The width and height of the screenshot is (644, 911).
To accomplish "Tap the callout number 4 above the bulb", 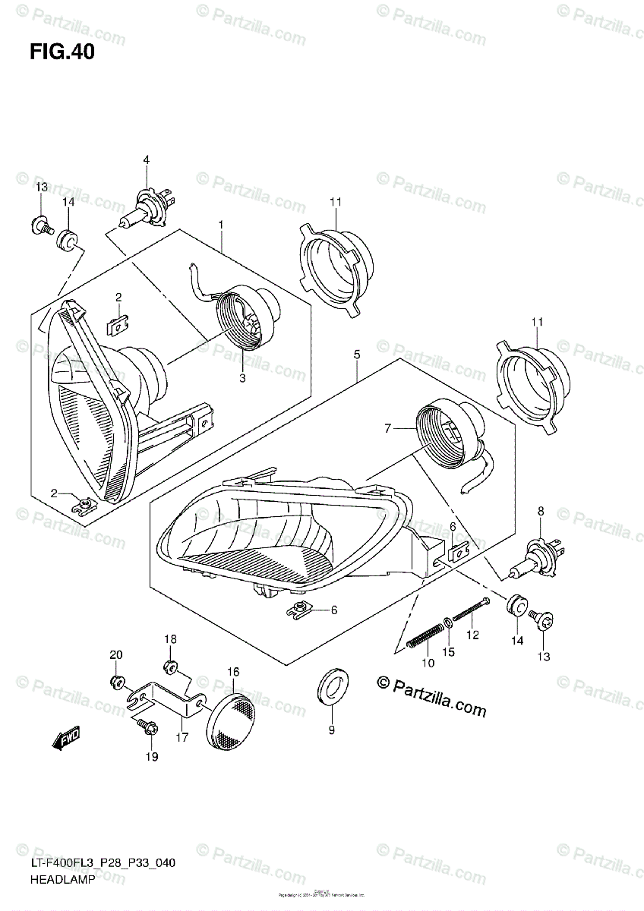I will tap(147, 159).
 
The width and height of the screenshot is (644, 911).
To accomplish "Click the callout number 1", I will tap(221, 225).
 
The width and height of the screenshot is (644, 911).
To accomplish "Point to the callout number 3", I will tap(242, 377).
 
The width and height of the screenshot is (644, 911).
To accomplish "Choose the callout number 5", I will tap(356, 354).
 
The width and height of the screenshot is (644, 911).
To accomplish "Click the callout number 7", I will tap(387, 429).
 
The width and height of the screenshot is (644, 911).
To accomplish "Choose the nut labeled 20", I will tap(117, 679).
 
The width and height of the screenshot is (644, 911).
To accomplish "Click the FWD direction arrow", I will tap(66, 738).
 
